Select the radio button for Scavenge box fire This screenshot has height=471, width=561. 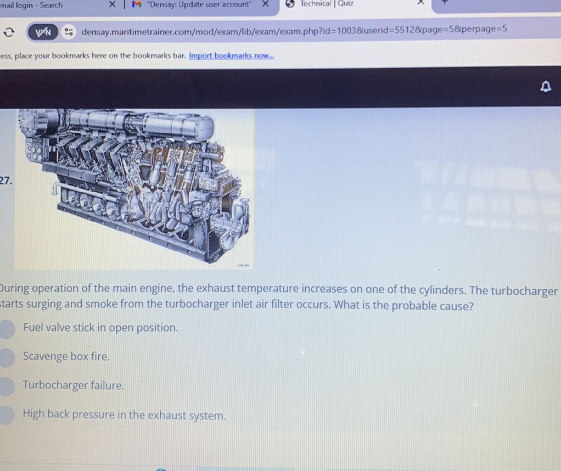7,357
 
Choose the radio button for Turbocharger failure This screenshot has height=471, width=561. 7,386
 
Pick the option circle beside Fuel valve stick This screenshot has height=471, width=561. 7,328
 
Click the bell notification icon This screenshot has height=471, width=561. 545,87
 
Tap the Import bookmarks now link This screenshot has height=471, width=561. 231,56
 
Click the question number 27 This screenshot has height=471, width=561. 5,181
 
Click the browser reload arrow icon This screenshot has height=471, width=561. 9,32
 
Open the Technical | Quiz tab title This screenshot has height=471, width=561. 327,4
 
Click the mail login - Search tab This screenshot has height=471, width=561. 31,5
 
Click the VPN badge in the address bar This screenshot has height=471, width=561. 43,32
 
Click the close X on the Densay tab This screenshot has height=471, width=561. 264,5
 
